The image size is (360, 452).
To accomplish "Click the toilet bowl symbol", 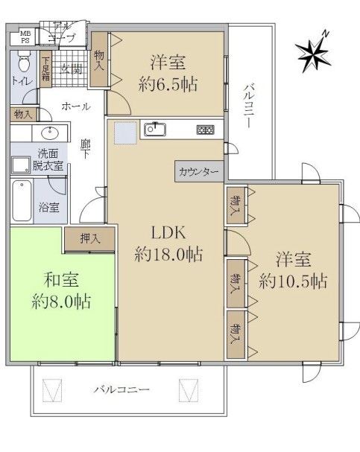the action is coord(24,60).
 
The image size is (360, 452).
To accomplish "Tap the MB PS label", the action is coord(25,37).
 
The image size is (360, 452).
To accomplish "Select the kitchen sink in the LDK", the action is coord(155,129).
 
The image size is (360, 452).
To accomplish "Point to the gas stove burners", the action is coord(206,130).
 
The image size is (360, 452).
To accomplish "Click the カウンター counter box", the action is coord(199,171).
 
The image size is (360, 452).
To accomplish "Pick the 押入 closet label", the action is coord(90,239).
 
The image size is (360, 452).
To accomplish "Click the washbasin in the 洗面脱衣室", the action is coord(50,133).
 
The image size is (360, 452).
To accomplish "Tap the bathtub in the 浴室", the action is coord(22,200).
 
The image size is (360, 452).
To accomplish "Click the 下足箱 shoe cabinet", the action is coord(45,69).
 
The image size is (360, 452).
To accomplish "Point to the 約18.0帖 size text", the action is coord(168,255).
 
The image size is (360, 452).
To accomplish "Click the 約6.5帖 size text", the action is coord(168,84).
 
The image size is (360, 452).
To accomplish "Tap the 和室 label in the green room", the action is coord(61,280).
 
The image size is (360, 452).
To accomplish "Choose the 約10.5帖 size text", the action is coord(293,281).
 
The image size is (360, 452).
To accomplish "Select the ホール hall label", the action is coord(75,106).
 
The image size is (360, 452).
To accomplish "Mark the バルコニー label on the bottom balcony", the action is coord(121,389).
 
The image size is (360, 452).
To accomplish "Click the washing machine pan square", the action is coord(20,165).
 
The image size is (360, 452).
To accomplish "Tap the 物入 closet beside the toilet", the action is coord(23,114).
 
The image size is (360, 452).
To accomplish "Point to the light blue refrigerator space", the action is coord(125,133).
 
